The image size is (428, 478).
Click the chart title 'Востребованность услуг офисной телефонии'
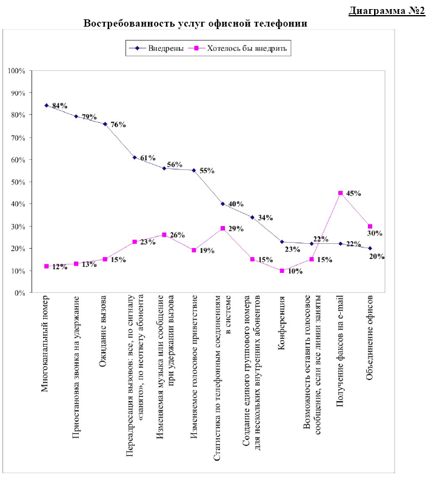click(x=195, y=23)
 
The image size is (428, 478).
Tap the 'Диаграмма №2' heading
click(x=387, y=10)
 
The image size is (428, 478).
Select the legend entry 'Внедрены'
click(x=156, y=48)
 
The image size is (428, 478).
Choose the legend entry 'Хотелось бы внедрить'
click(x=237, y=48)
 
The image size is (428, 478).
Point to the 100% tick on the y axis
click(x=16, y=71)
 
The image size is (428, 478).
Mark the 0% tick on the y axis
click(x=19, y=293)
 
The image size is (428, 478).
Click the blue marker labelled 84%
click(x=47, y=105)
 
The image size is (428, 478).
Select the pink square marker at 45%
click(x=341, y=193)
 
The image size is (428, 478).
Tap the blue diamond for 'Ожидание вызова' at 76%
click(x=105, y=124)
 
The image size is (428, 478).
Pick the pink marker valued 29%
click(x=222, y=228)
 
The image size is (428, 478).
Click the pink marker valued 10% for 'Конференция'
click(x=282, y=270)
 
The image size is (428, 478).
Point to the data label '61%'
click(x=148, y=158)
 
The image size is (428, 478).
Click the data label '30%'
click(x=375, y=233)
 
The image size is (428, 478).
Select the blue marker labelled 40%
click(x=222, y=204)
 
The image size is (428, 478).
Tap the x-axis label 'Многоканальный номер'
click(x=45, y=344)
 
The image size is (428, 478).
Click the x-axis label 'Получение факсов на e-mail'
click(x=340, y=351)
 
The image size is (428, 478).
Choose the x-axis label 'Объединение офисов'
click(x=370, y=338)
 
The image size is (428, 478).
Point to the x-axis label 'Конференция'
click(x=281, y=322)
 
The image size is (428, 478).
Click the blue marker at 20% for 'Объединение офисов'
click(x=370, y=248)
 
